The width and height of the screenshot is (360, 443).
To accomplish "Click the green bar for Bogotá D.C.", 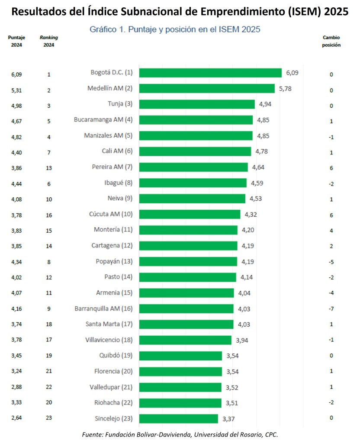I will click(210, 73).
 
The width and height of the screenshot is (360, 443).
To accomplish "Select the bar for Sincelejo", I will click(179, 418).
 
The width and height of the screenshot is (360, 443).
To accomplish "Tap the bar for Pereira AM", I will click(193, 167).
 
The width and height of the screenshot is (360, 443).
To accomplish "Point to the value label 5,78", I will click(285, 88).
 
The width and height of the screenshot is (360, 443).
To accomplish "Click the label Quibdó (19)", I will click(116, 356).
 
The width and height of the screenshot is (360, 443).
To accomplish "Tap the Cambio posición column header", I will click(331, 41).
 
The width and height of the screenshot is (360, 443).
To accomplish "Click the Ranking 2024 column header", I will click(49, 41).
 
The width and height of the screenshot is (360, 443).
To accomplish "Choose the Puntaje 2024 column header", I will click(16, 41).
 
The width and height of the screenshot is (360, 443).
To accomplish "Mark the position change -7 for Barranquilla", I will click(331, 309).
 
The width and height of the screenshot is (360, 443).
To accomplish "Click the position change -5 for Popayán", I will click(331, 262).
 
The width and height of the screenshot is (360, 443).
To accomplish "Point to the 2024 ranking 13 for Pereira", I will click(49, 167).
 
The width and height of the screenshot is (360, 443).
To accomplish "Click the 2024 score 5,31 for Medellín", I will click(16, 90).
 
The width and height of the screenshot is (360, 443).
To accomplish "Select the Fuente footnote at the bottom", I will click(180, 434).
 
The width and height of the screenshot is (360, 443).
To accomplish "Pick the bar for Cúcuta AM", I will click(190, 214).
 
